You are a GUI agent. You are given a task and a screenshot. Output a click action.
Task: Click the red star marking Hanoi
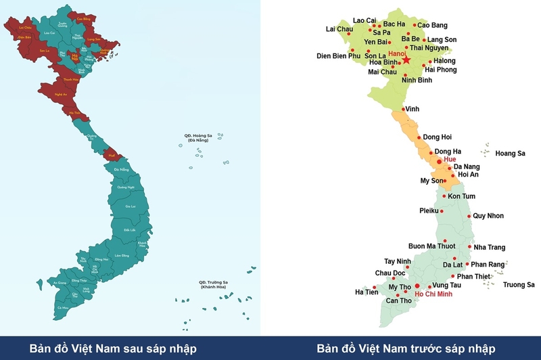pos(407,60)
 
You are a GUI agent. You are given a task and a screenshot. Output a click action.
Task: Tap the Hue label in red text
pos(450,159)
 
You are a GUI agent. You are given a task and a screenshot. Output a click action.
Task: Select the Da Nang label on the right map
pos(467,166)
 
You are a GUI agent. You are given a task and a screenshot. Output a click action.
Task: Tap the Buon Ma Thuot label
pos(432,246)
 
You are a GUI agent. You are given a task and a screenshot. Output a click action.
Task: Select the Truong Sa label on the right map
pos(519,285)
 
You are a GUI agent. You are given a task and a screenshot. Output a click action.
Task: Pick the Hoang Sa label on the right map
pos(511,154)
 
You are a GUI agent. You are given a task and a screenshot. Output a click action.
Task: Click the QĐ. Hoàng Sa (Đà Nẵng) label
pos(199,137)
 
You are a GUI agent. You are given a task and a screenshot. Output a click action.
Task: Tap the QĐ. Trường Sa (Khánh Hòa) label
pos(213,284)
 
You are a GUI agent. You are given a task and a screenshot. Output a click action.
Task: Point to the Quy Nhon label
pos(488,217)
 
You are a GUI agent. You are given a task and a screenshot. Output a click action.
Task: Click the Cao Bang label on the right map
pos(432,26)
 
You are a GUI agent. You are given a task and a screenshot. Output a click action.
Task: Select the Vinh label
pos(412,108)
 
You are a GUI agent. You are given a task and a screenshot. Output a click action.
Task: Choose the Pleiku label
pos(430,211)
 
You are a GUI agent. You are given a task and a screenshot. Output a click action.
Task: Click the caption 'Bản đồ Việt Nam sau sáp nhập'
pos(113,348)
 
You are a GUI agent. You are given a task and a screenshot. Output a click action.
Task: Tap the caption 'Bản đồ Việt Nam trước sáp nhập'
pos(406,348)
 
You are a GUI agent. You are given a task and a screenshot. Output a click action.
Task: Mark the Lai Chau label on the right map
pos(339,29)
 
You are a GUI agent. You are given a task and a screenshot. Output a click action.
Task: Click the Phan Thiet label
pos(474,276)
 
